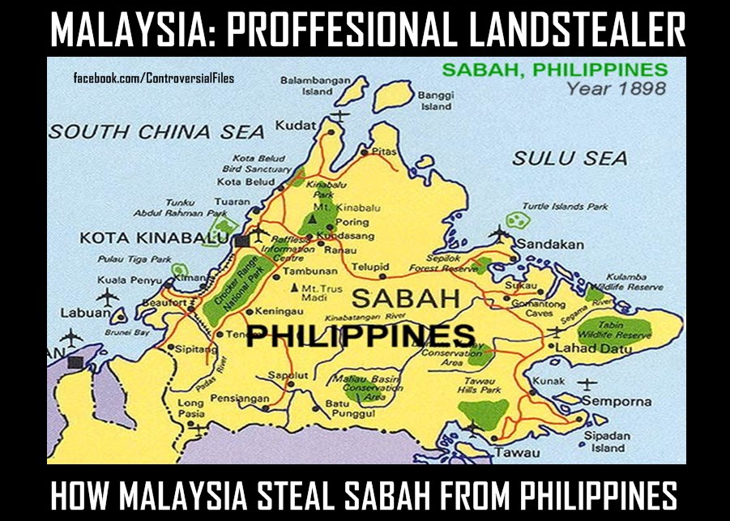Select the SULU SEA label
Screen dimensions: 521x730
(570, 158)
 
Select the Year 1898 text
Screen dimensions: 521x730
(617, 88)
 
